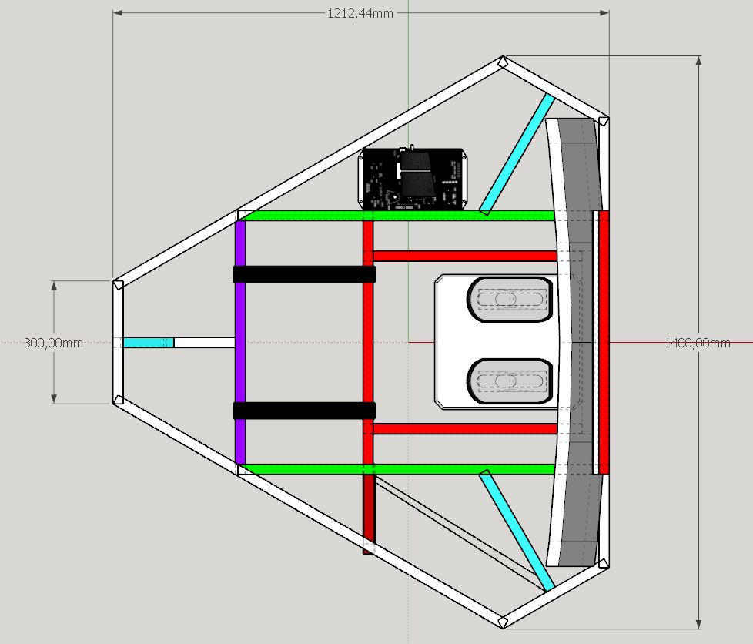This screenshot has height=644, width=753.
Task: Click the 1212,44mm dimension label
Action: pyautogui.click(x=360, y=13)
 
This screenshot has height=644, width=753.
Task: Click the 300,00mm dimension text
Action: pyautogui.click(x=53, y=343)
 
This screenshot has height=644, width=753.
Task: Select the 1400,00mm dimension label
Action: pyautogui.click(x=698, y=343)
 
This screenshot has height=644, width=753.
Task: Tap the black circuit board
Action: pyautogui.click(x=412, y=179)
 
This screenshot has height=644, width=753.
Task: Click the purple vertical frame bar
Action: pyautogui.click(x=240, y=342)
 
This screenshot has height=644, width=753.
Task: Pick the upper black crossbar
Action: pyautogui.click(x=304, y=274)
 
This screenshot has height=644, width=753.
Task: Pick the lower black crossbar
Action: pyautogui.click(x=304, y=411)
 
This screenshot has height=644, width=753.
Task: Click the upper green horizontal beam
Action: pyautogui.click(x=399, y=215)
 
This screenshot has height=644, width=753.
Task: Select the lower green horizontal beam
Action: pyautogui.click(x=399, y=469)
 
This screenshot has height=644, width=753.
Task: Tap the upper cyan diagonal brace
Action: pyautogui.click(x=517, y=154)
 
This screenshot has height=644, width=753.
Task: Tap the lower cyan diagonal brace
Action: pyautogui.click(x=517, y=531)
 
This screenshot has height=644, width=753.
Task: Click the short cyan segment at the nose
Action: pyautogui.click(x=149, y=343)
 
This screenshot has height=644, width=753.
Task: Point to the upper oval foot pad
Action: pyautogui.click(x=510, y=300)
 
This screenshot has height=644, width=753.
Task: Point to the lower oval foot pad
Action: pyautogui.click(x=510, y=381)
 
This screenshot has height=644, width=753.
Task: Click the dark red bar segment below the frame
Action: pyautogui.click(x=368, y=514)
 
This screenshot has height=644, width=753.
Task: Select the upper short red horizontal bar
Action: pyautogui.click(x=465, y=256)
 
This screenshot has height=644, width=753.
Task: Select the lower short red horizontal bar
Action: pyautogui.click(x=465, y=429)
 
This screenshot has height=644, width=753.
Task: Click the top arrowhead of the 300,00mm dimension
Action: pyautogui.click(x=54, y=286)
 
